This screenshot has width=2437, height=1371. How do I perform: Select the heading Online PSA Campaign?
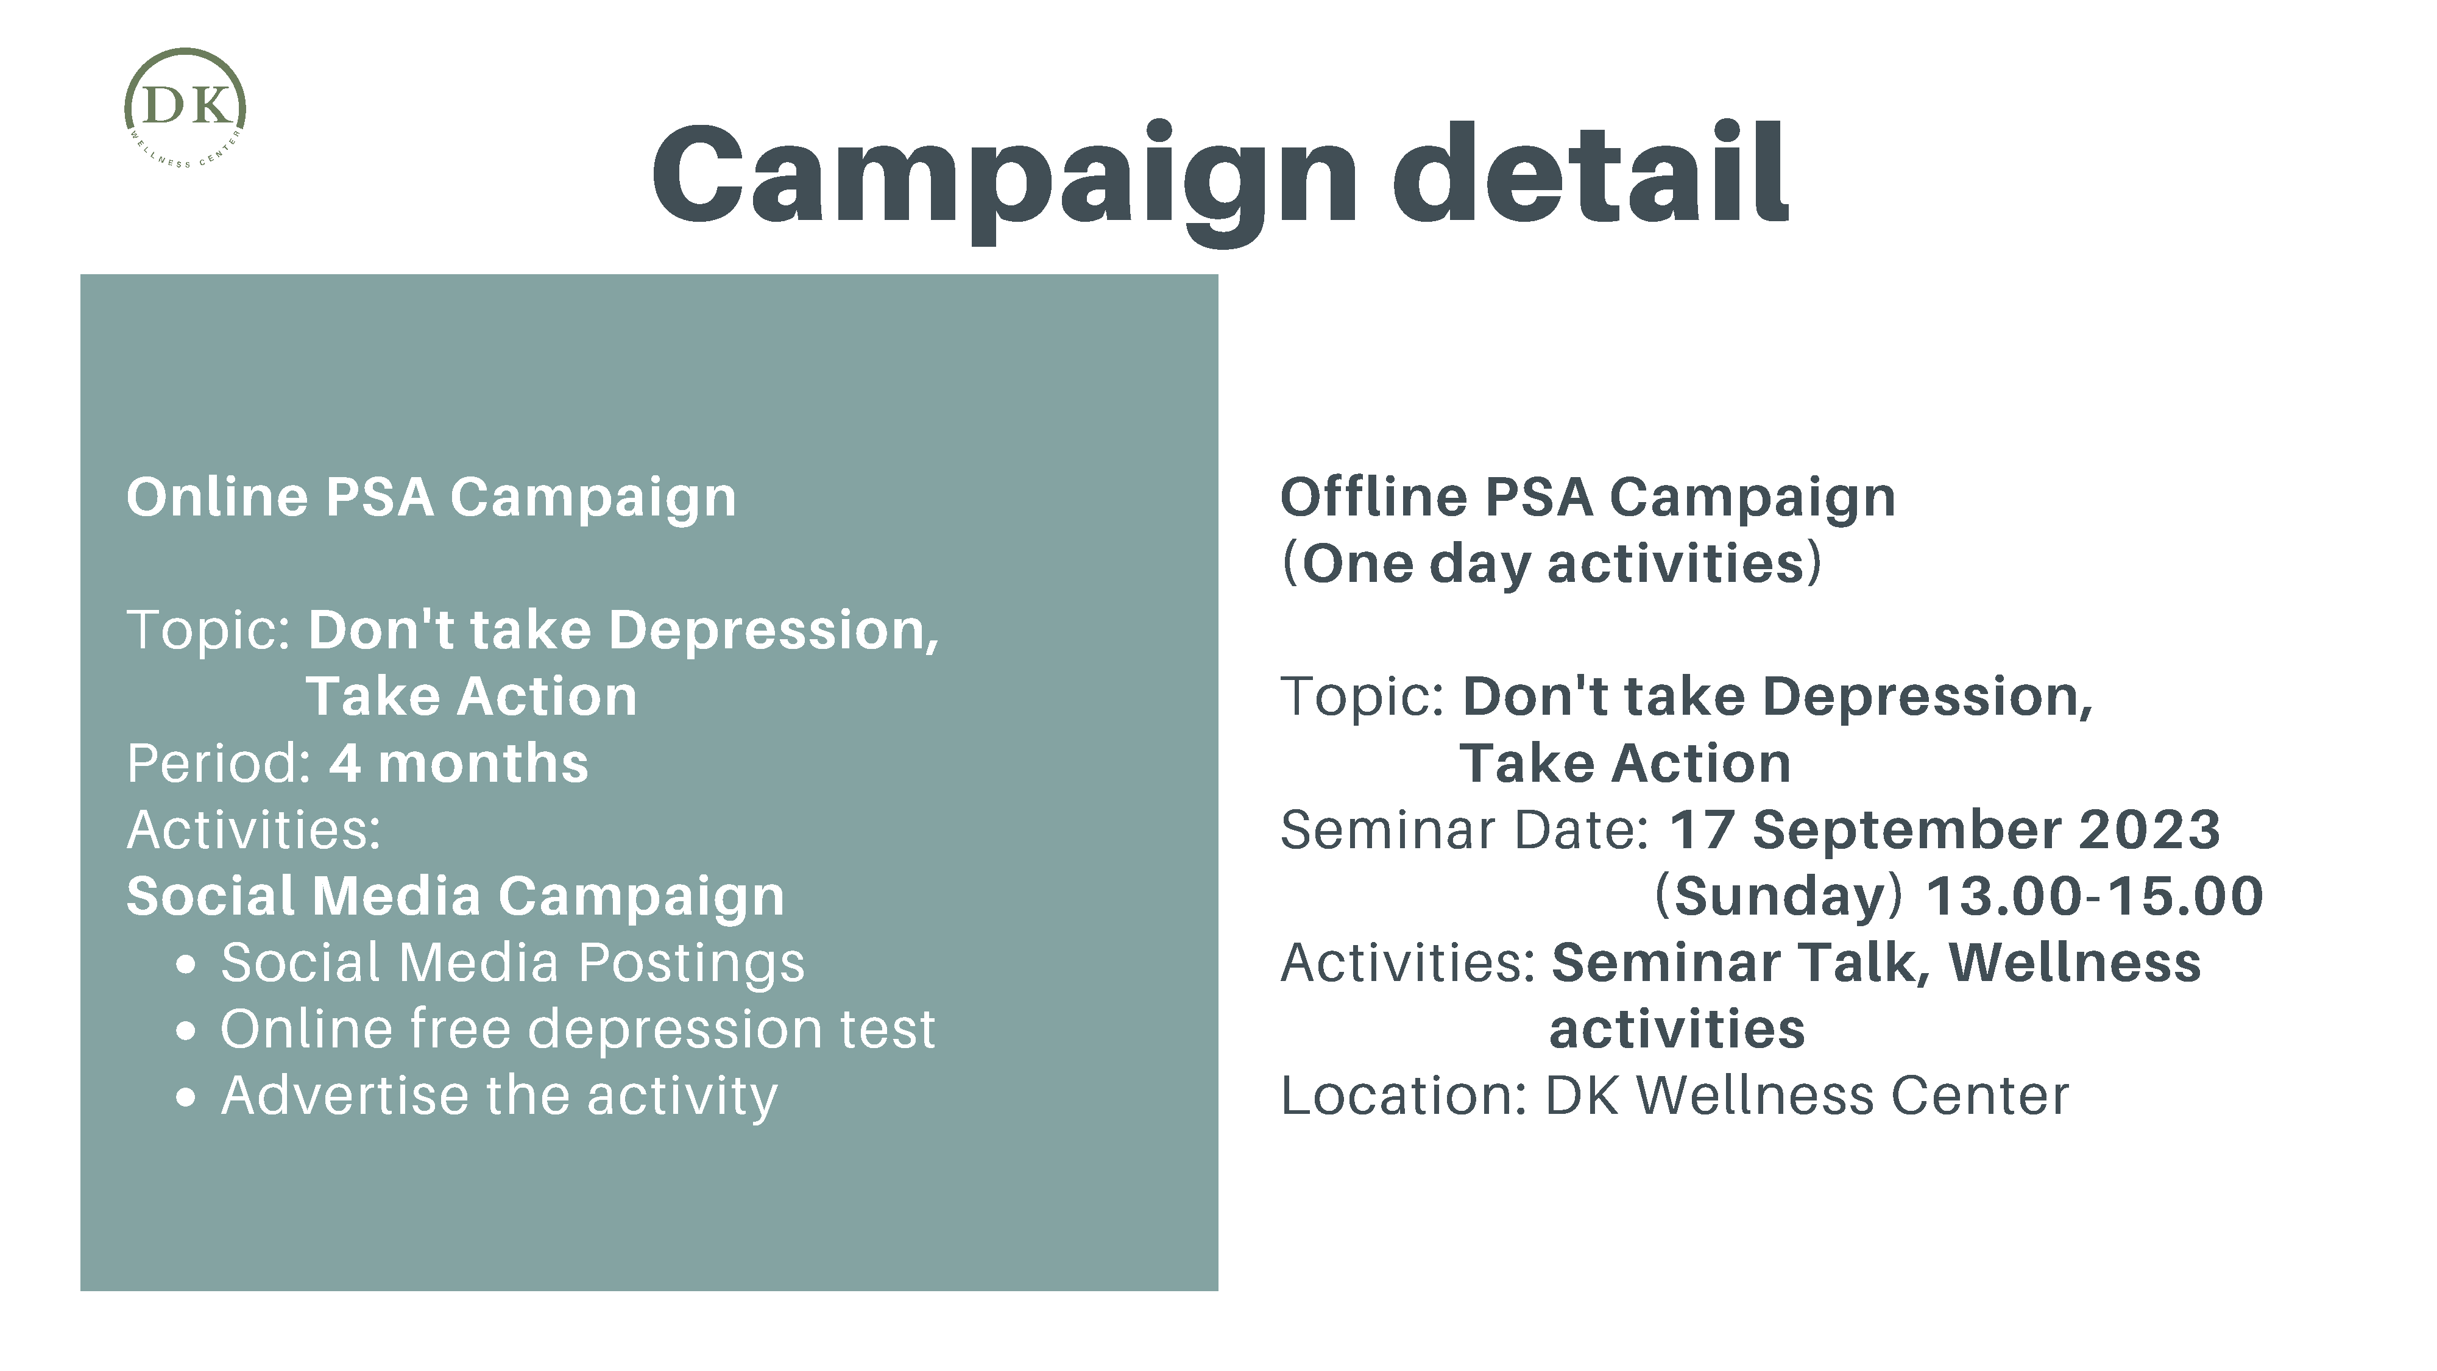click(x=431, y=498)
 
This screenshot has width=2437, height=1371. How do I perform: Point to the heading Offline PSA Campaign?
click(x=1588, y=498)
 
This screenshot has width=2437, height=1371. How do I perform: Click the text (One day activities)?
click(x=1552, y=564)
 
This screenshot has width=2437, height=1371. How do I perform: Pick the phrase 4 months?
click(x=459, y=763)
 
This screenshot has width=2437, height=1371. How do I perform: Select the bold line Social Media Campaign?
click(x=456, y=896)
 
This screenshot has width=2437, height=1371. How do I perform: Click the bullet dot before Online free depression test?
click(x=186, y=1032)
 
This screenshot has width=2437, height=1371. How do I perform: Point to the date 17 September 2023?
click(x=1944, y=831)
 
